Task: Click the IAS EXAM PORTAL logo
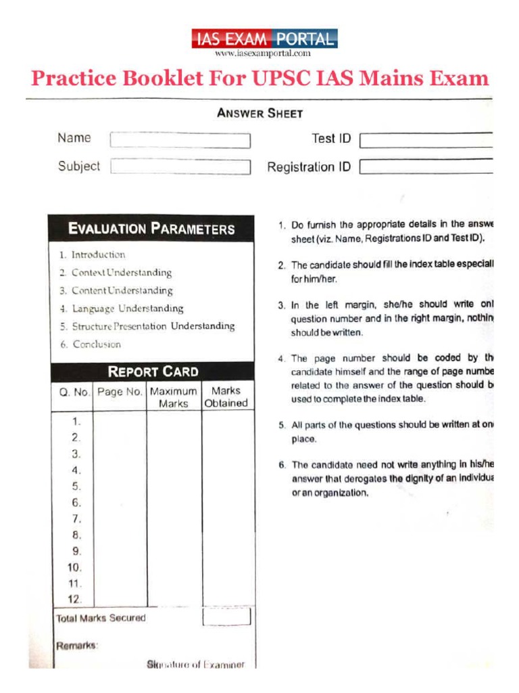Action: click(x=264, y=39)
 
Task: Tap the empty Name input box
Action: click(x=180, y=140)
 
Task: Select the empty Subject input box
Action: click(x=180, y=166)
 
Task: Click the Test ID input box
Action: click(x=426, y=140)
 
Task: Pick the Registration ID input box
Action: click(x=426, y=166)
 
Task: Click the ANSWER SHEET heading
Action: click(x=259, y=113)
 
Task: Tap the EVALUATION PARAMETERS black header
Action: click(x=151, y=229)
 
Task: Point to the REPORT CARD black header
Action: click(x=153, y=372)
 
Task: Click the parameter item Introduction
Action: click(x=98, y=255)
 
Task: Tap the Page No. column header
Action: click(x=120, y=392)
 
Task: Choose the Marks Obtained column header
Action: click(x=226, y=397)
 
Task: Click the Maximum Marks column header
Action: click(x=174, y=397)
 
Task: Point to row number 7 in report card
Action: click(x=76, y=519)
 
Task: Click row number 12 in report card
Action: click(x=75, y=599)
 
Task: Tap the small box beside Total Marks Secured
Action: click(x=226, y=617)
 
